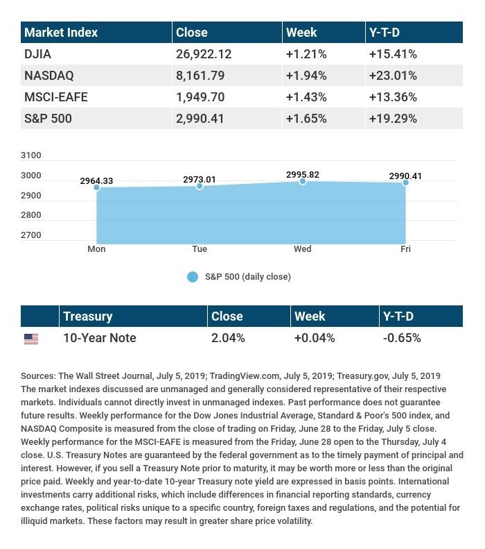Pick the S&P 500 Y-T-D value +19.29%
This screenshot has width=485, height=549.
(393, 118)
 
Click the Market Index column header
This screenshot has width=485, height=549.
(61, 32)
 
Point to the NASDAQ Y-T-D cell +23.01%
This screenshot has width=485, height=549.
(393, 75)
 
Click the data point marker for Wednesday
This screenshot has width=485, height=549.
(303, 181)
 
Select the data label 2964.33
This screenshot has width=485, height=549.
(96, 180)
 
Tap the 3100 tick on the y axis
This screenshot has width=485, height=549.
(31, 155)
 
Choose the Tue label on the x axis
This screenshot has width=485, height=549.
(200, 248)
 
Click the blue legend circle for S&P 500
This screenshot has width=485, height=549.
(193, 277)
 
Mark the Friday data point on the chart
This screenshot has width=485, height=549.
(405, 182)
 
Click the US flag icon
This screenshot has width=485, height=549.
(31, 339)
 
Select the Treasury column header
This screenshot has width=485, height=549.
(87, 316)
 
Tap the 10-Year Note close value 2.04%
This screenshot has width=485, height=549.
(228, 338)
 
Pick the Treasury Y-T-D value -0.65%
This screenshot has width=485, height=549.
(402, 338)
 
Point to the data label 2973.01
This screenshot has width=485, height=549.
(200, 179)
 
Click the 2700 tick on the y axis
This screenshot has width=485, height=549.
(31, 235)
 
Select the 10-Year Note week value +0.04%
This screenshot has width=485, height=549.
(315, 338)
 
